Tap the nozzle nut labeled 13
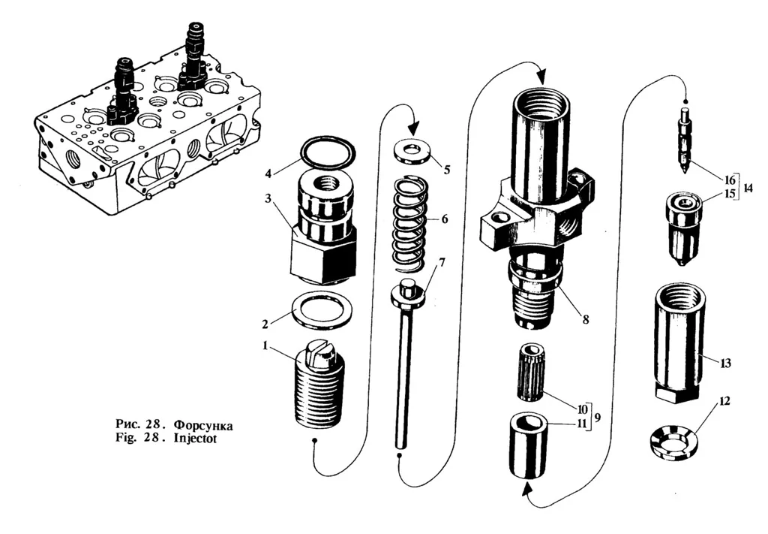coord(678,342)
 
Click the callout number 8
coord(586,319)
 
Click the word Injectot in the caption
coord(195,439)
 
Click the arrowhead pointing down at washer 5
coord(413,128)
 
